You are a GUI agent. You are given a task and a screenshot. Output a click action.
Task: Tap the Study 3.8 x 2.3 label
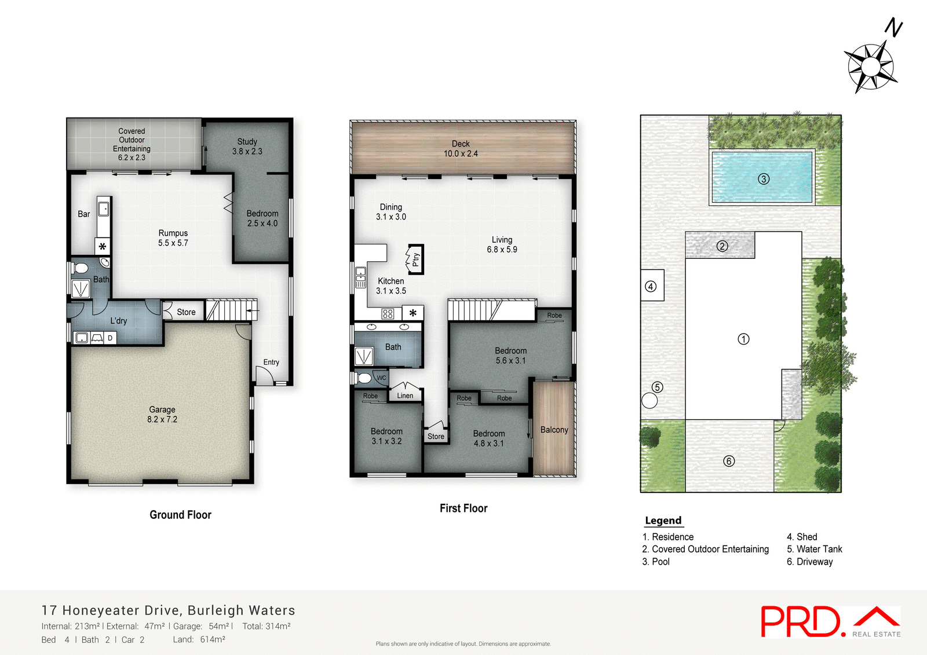pyautogui.click(x=247, y=147)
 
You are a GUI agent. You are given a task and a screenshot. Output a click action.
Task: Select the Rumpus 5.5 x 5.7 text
pyautogui.click(x=173, y=238)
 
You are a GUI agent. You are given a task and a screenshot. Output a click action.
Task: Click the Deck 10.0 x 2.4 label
pyautogui.click(x=461, y=149)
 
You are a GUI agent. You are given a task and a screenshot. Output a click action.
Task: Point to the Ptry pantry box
pyautogui.click(x=415, y=259)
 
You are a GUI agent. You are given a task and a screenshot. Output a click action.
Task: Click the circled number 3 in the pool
pyautogui.click(x=764, y=179)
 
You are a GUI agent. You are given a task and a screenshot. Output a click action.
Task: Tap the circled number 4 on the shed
pyautogui.click(x=651, y=287)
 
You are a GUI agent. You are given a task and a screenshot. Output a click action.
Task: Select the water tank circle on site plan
pyautogui.click(x=649, y=401)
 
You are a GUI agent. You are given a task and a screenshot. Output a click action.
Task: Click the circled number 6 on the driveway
pyautogui.click(x=729, y=461)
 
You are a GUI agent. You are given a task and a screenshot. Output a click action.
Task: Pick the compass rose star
pyautogui.click(x=870, y=67)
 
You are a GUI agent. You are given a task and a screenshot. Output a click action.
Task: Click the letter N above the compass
pyautogui.click(x=893, y=28)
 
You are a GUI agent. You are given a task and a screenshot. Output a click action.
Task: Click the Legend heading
pyautogui.click(x=663, y=520)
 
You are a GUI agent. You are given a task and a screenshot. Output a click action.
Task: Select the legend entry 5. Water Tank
pyautogui.click(x=814, y=549)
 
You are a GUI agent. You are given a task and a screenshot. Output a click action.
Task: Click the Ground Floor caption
pyautogui.click(x=180, y=515)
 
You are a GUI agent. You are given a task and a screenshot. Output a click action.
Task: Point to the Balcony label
pyautogui.click(x=554, y=430)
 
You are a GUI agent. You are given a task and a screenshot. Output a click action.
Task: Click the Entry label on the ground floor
pyautogui.click(x=271, y=362)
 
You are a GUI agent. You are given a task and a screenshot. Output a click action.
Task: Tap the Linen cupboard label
pyautogui.click(x=405, y=396)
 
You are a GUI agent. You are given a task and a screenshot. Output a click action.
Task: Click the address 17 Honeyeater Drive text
pyautogui.click(x=168, y=610)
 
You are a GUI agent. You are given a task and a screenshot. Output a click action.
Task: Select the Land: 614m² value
pyautogui.click(x=199, y=639)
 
